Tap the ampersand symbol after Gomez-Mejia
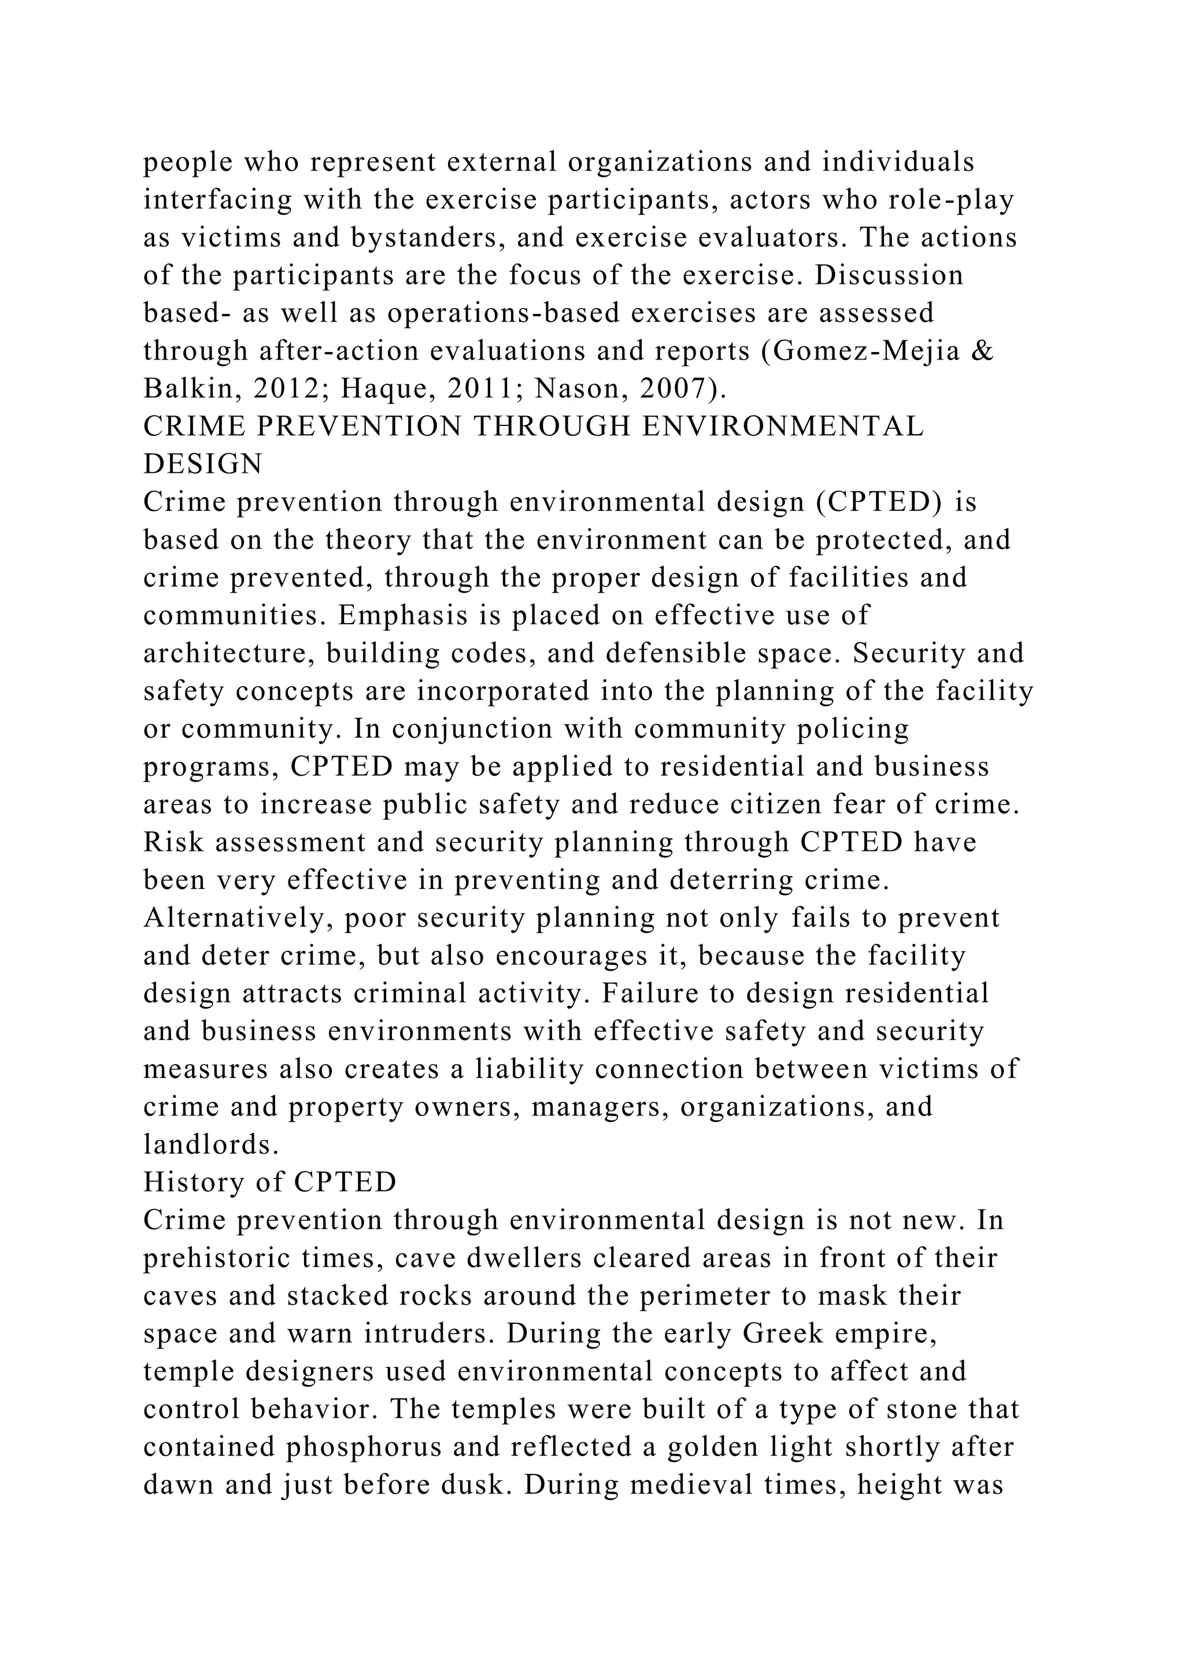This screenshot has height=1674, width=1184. [x=983, y=351]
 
